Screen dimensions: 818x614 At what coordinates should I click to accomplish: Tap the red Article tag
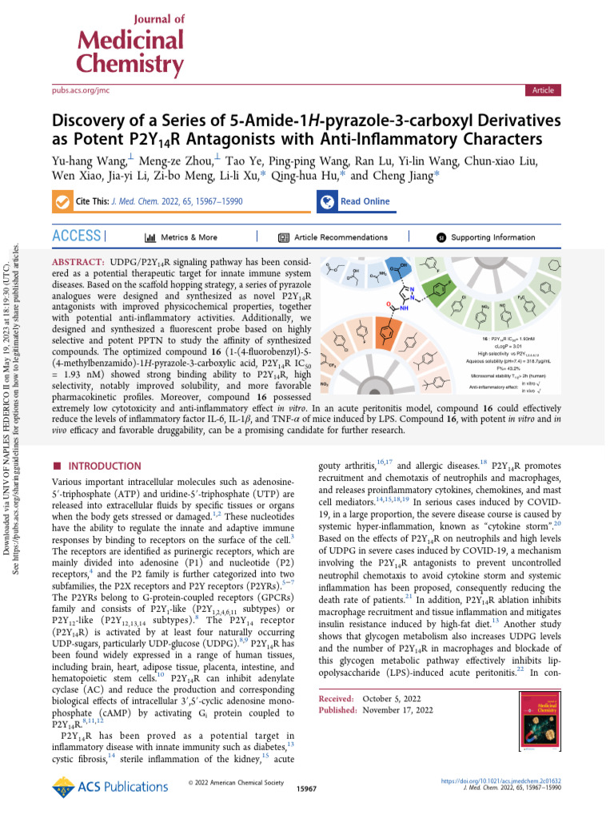[543, 90]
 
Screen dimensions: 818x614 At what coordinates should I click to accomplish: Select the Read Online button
[365, 201]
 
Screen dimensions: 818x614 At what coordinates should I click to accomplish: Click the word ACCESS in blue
[76, 236]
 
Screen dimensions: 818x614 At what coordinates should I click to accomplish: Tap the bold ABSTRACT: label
[78, 263]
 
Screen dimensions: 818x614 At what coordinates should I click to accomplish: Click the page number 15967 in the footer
[307, 788]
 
